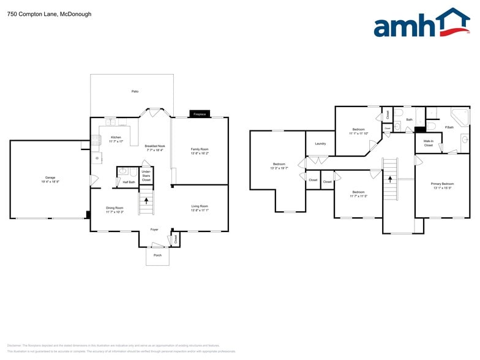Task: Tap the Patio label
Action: (x=135, y=91)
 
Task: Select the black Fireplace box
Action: (x=200, y=114)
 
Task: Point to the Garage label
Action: (x=50, y=178)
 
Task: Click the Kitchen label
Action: (x=116, y=137)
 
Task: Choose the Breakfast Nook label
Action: (x=155, y=146)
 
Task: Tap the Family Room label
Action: (x=200, y=149)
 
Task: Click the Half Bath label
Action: (x=129, y=182)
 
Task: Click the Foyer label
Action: (x=154, y=230)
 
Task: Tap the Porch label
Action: (x=157, y=255)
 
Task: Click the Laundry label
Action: (x=320, y=143)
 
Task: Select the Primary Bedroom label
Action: (x=443, y=184)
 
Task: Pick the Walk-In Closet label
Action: (x=429, y=143)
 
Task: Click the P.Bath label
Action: (x=449, y=127)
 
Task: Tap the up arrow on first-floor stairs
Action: (x=146, y=200)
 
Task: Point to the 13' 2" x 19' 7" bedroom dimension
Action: (x=279, y=168)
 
